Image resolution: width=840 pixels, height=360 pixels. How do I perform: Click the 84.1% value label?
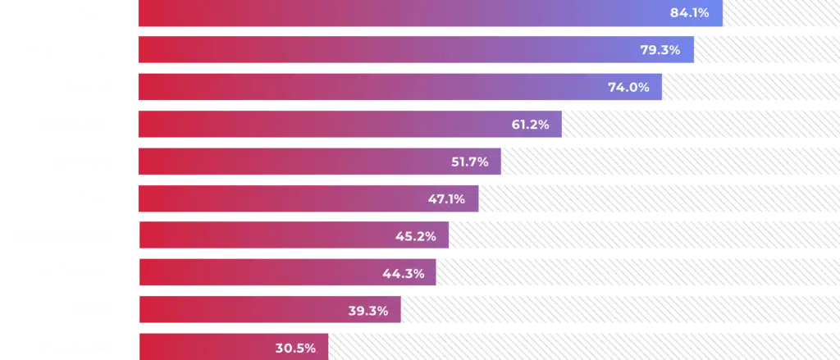(689, 13)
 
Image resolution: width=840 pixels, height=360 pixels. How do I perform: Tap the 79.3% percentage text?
(660, 50)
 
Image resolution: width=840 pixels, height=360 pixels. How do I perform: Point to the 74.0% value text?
(628, 87)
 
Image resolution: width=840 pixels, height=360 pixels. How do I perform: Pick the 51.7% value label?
(469, 162)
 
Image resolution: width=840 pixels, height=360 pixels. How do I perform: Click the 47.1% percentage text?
(446, 198)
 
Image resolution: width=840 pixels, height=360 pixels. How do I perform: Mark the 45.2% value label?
(415, 236)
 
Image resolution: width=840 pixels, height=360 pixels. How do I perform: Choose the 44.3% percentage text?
(402, 273)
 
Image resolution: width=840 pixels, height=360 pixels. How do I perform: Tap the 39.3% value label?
(367, 311)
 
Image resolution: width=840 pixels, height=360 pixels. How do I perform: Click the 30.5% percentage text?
(295, 348)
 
